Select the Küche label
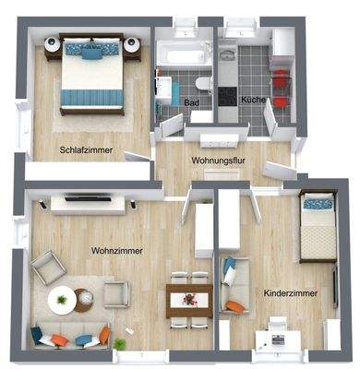[x=253, y=99]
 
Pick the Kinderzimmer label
[x=291, y=293]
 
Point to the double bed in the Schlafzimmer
[x=90, y=74]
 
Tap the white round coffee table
[x=63, y=299]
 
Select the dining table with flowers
[x=189, y=298]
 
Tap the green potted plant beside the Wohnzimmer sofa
[x=120, y=343]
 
